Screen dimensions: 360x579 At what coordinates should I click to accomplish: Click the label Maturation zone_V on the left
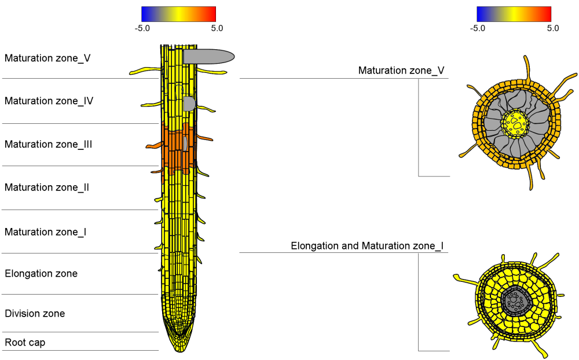(x=47, y=58)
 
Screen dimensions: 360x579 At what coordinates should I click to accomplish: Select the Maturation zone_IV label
(x=49, y=101)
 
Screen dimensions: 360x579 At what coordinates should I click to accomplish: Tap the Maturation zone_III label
(x=48, y=144)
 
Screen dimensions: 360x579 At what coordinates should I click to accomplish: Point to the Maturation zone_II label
(x=46, y=187)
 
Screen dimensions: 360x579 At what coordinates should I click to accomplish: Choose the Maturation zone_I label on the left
(x=45, y=232)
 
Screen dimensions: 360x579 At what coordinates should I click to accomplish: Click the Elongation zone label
(x=41, y=273)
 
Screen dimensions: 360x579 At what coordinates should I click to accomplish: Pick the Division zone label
(x=35, y=313)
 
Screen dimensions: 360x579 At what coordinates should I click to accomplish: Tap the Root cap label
(x=25, y=342)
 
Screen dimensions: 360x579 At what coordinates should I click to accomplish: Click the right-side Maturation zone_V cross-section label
(x=401, y=71)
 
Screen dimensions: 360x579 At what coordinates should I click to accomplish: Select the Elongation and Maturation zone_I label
(x=367, y=246)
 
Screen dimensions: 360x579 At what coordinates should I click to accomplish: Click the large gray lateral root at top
(x=208, y=56)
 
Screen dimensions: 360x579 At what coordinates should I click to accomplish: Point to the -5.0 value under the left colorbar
(x=142, y=27)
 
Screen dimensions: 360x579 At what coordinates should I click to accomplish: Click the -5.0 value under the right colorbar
(x=477, y=27)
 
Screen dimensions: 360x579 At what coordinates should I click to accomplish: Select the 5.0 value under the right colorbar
(x=552, y=27)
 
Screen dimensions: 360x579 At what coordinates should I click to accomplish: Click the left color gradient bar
(x=178, y=14)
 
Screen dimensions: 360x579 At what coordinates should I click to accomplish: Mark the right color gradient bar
(x=514, y=14)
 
